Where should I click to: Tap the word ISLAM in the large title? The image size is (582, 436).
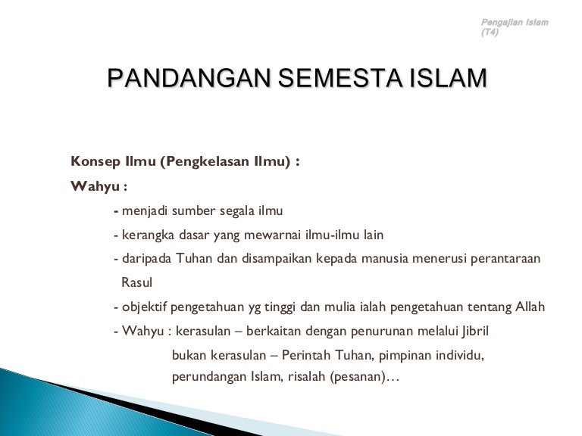pyautogui.click(x=449, y=79)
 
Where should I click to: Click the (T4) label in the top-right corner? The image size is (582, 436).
pyautogui.click(x=490, y=33)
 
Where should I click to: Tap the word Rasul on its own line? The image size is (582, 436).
pyautogui.click(x=137, y=282)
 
